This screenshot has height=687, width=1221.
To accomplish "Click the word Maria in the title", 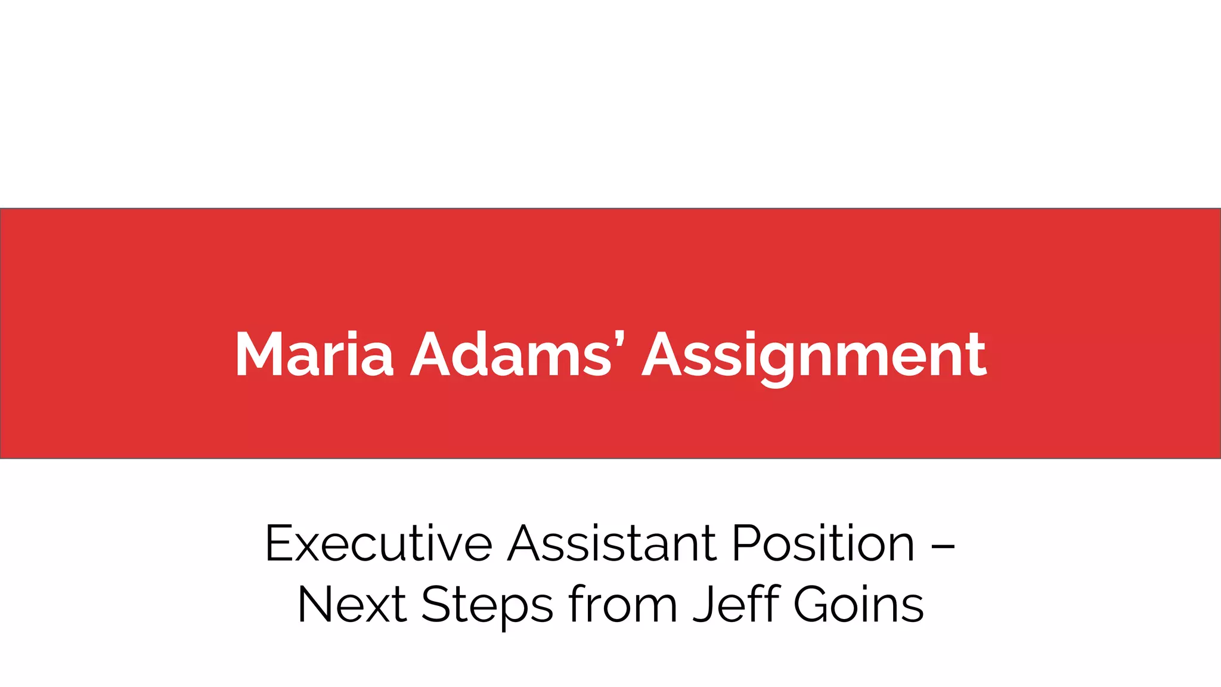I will pos(314,355).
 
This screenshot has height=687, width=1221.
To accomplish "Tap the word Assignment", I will pos(814,356).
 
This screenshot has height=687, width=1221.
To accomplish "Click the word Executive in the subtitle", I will pos(379,543).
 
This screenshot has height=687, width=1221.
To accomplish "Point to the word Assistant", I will pos(612,543).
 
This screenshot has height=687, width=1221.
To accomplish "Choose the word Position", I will pos(823,543).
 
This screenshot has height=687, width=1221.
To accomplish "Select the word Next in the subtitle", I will pos(352,605).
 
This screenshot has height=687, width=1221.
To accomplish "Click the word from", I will pos(623,605).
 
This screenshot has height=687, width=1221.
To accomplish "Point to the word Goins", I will pos(859,605).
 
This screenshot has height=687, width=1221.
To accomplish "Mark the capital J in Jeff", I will pos(704,605).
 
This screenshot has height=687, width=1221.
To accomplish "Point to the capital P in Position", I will pos(748,543).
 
